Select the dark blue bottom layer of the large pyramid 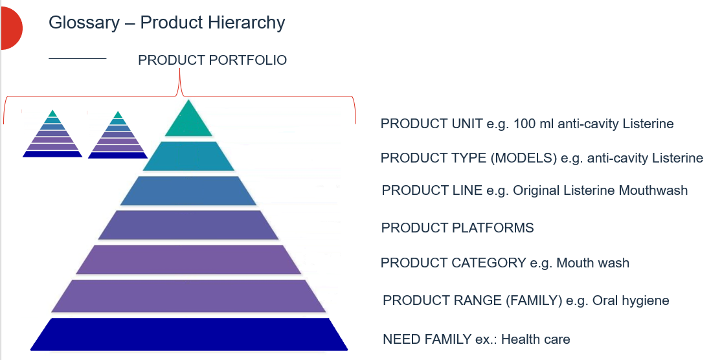188,334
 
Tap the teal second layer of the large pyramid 188,156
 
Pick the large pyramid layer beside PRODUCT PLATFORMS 188,225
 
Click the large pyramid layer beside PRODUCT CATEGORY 188,259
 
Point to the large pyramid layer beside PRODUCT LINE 188,190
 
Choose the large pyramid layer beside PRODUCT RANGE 188,297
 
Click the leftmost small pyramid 52,136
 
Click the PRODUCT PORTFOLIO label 212,60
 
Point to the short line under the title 77,59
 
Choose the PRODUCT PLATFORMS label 457,228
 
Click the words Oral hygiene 631,300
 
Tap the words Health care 536,339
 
